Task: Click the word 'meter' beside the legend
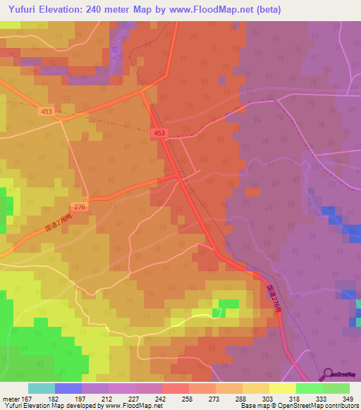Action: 12,398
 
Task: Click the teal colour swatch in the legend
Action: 42,388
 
